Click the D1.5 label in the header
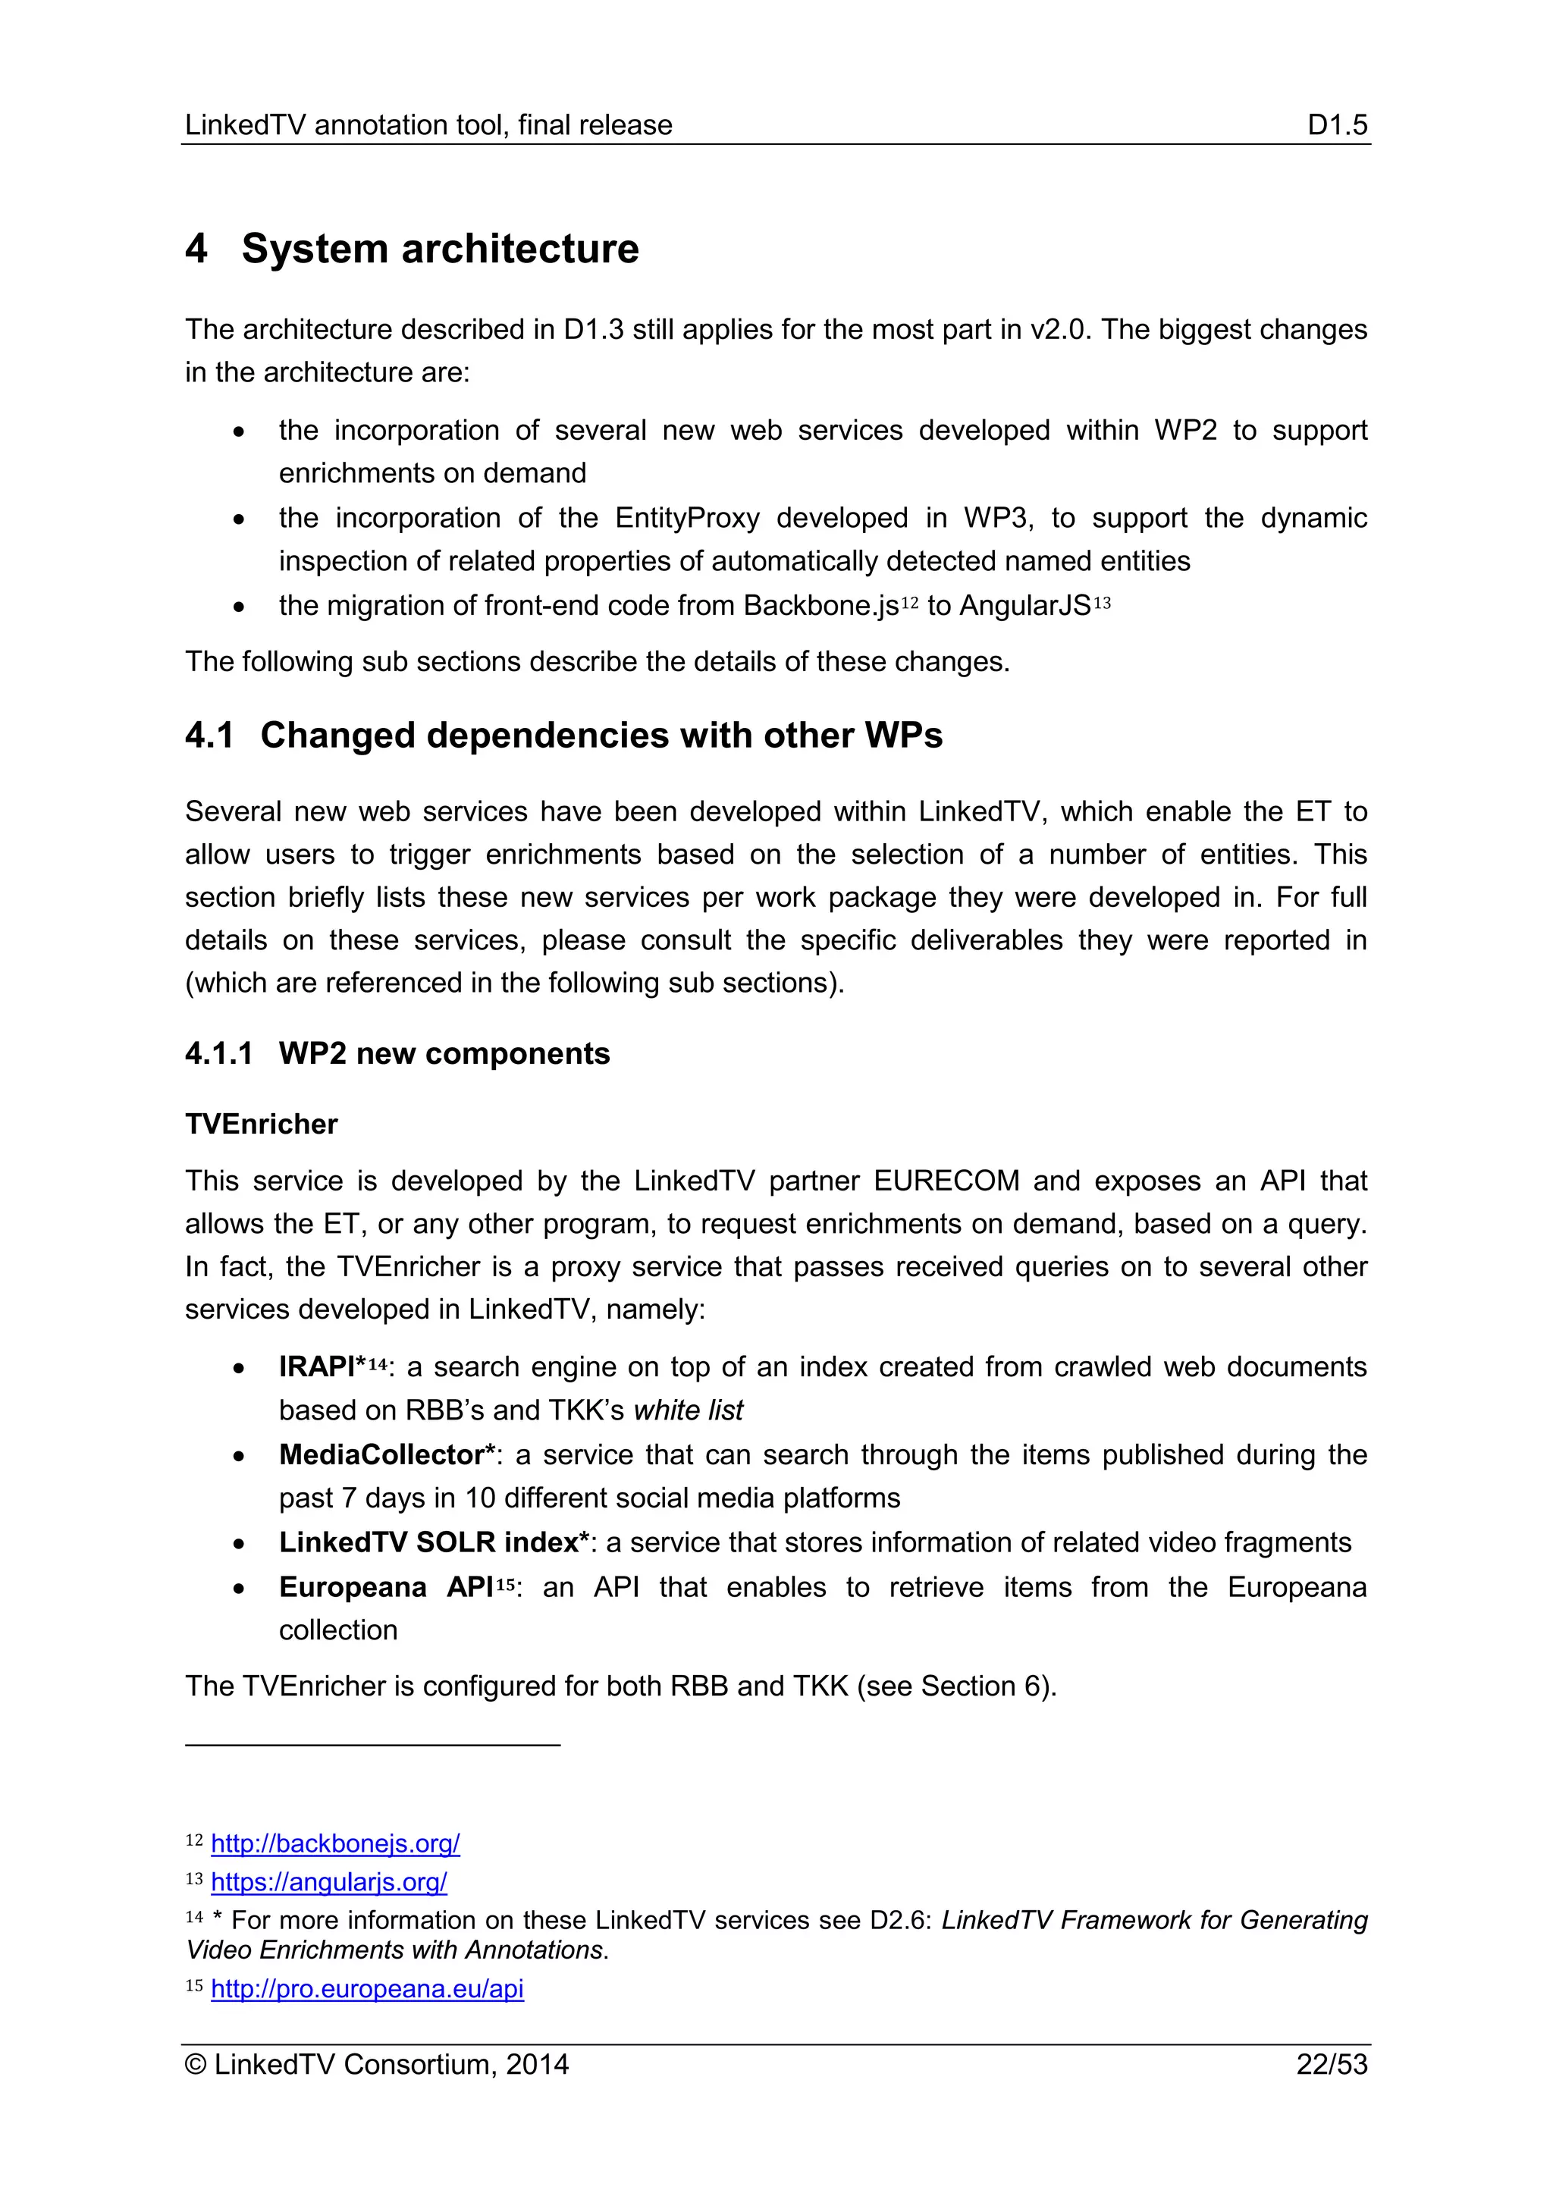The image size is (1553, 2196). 1337,125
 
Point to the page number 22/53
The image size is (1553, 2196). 1331,2064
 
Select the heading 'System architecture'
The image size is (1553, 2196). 440,249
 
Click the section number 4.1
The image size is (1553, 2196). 209,736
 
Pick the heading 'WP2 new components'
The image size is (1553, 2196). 444,1053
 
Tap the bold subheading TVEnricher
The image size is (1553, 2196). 261,1124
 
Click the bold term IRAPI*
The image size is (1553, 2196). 322,1366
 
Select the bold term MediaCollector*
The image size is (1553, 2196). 387,1454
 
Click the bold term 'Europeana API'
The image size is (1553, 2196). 385,1587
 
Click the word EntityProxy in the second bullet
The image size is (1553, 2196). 686,519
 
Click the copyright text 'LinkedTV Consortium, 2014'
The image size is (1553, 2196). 391,2064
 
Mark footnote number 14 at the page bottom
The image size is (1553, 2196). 194,1917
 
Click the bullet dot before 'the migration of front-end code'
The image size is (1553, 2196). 239,607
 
